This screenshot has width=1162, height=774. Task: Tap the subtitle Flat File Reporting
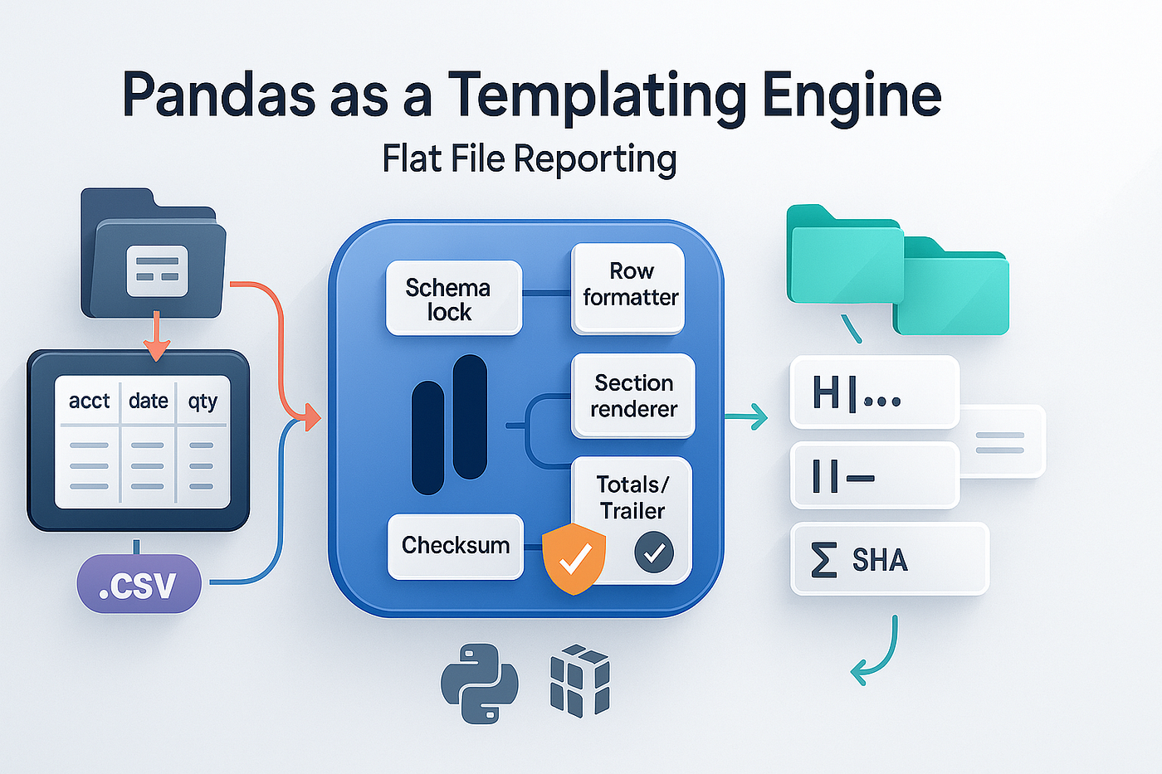[x=530, y=158]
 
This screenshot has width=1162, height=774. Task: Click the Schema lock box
[x=453, y=299]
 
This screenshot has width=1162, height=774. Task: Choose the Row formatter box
[x=629, y=287]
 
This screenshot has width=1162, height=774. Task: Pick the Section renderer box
[x=633, y=396]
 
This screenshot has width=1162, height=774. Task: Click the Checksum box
[x=455, y=546]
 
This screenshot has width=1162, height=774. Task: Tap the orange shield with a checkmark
[x=574, y=559]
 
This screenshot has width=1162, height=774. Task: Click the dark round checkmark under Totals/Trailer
[x=654, y=553]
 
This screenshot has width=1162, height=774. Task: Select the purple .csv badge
[x=139, y=584]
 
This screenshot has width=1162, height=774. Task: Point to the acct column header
[x=89, y=402]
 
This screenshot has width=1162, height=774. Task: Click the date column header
[x=149, y=402]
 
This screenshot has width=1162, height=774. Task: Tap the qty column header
[x=203, y=402]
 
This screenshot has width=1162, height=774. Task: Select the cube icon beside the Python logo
[x=580, y=680]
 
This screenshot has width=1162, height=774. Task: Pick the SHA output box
[x=889, y=559]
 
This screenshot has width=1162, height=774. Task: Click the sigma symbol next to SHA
[x=823, y=560]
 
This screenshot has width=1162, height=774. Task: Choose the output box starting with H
[x=874, y=392]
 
